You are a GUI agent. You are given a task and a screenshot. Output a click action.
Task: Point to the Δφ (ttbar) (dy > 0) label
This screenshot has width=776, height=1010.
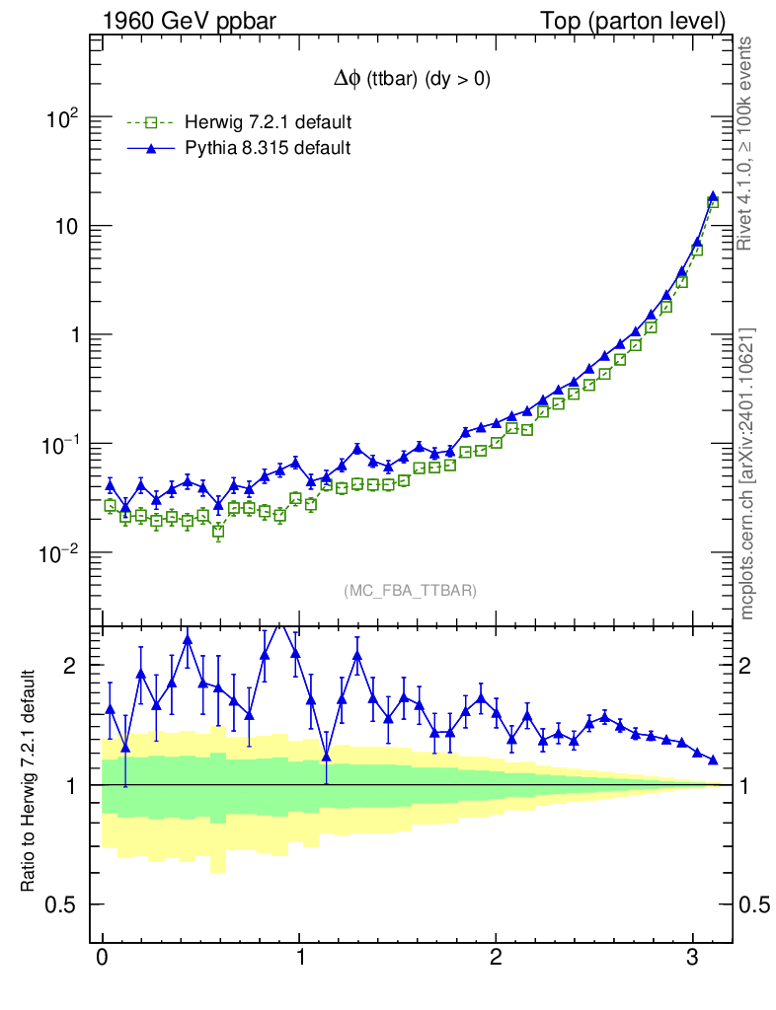pyautogui.click(x=412, y=81)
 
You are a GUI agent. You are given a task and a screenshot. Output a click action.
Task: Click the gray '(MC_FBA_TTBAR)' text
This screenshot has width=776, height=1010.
pyautogui.click(x=411, y=590)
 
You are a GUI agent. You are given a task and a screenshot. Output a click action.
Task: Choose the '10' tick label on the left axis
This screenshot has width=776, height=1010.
pyautogui.click(x=65, y=227)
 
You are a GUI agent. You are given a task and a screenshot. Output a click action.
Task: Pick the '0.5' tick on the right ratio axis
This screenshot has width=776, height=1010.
pyautogui.click(x=755, y=905)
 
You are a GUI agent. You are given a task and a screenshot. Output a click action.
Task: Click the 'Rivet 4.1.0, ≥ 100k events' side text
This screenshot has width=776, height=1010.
pyautogui.click(x=747, y=143)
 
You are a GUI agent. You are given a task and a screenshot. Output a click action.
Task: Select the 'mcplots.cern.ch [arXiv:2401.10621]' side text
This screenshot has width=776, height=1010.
pyautogui.click(x=747, y=473)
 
